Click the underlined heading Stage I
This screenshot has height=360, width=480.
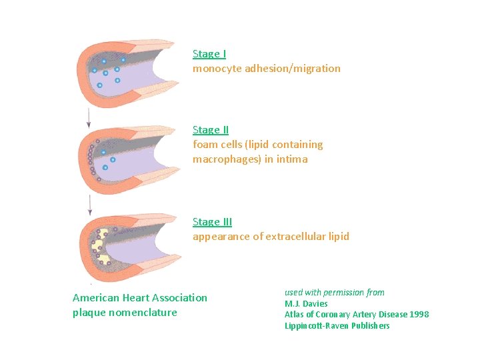(x=209, y=54)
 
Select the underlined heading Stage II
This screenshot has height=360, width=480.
(x=211, y=130)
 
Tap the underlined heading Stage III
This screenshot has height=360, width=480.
(x=212, y=222)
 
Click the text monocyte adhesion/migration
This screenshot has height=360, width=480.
(x=266, y=69)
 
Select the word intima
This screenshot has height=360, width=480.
(x=293, y=159)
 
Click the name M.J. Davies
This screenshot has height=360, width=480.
(x=306, y=303)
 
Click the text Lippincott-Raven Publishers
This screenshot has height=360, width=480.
(x=337, y=326)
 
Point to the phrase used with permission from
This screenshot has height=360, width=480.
(x=334, y=293)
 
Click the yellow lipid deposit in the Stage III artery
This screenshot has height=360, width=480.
(x=101, y=245)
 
